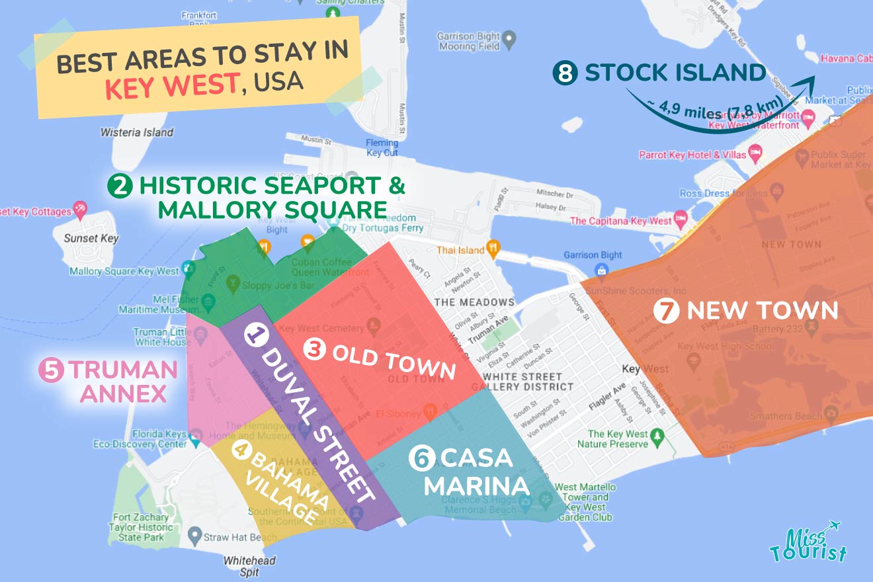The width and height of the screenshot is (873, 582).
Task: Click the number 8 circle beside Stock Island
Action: [565, 73]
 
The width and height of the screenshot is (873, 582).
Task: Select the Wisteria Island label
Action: [137, 132]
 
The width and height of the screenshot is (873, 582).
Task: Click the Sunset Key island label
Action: [91, 238]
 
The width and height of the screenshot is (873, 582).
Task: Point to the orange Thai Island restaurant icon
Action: [493, 249]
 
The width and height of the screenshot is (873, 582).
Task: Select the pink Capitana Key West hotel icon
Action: [681, 220]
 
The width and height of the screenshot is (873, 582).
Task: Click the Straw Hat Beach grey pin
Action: [194, 534]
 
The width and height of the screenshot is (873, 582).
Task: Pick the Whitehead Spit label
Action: [249, 566]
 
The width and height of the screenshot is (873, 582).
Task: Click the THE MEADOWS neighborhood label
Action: [474, 302]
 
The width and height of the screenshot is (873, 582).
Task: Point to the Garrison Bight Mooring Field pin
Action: [509, 40]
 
